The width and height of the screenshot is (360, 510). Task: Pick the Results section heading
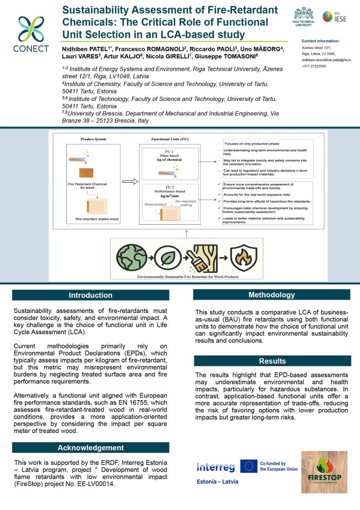pos(272,361)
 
